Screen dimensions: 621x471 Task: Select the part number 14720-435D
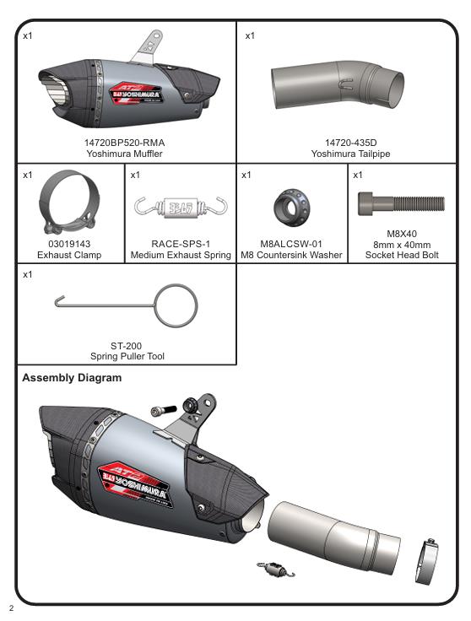pyautogui.click(x=350, y=143)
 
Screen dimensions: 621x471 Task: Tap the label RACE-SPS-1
pyautogui.click(x=181, y=243)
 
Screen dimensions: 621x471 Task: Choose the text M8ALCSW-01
pyautogui.click(x=290, y=243)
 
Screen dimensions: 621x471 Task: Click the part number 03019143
pyautogui.click(x=69, y=243)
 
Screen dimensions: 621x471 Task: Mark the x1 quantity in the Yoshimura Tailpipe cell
pyautogui.click(x=250, y=36)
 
